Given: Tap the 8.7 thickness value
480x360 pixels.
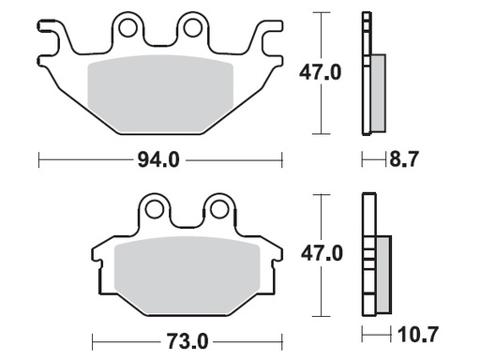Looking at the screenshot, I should (403, 160).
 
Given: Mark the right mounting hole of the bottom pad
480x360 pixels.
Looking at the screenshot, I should (217, 207).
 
